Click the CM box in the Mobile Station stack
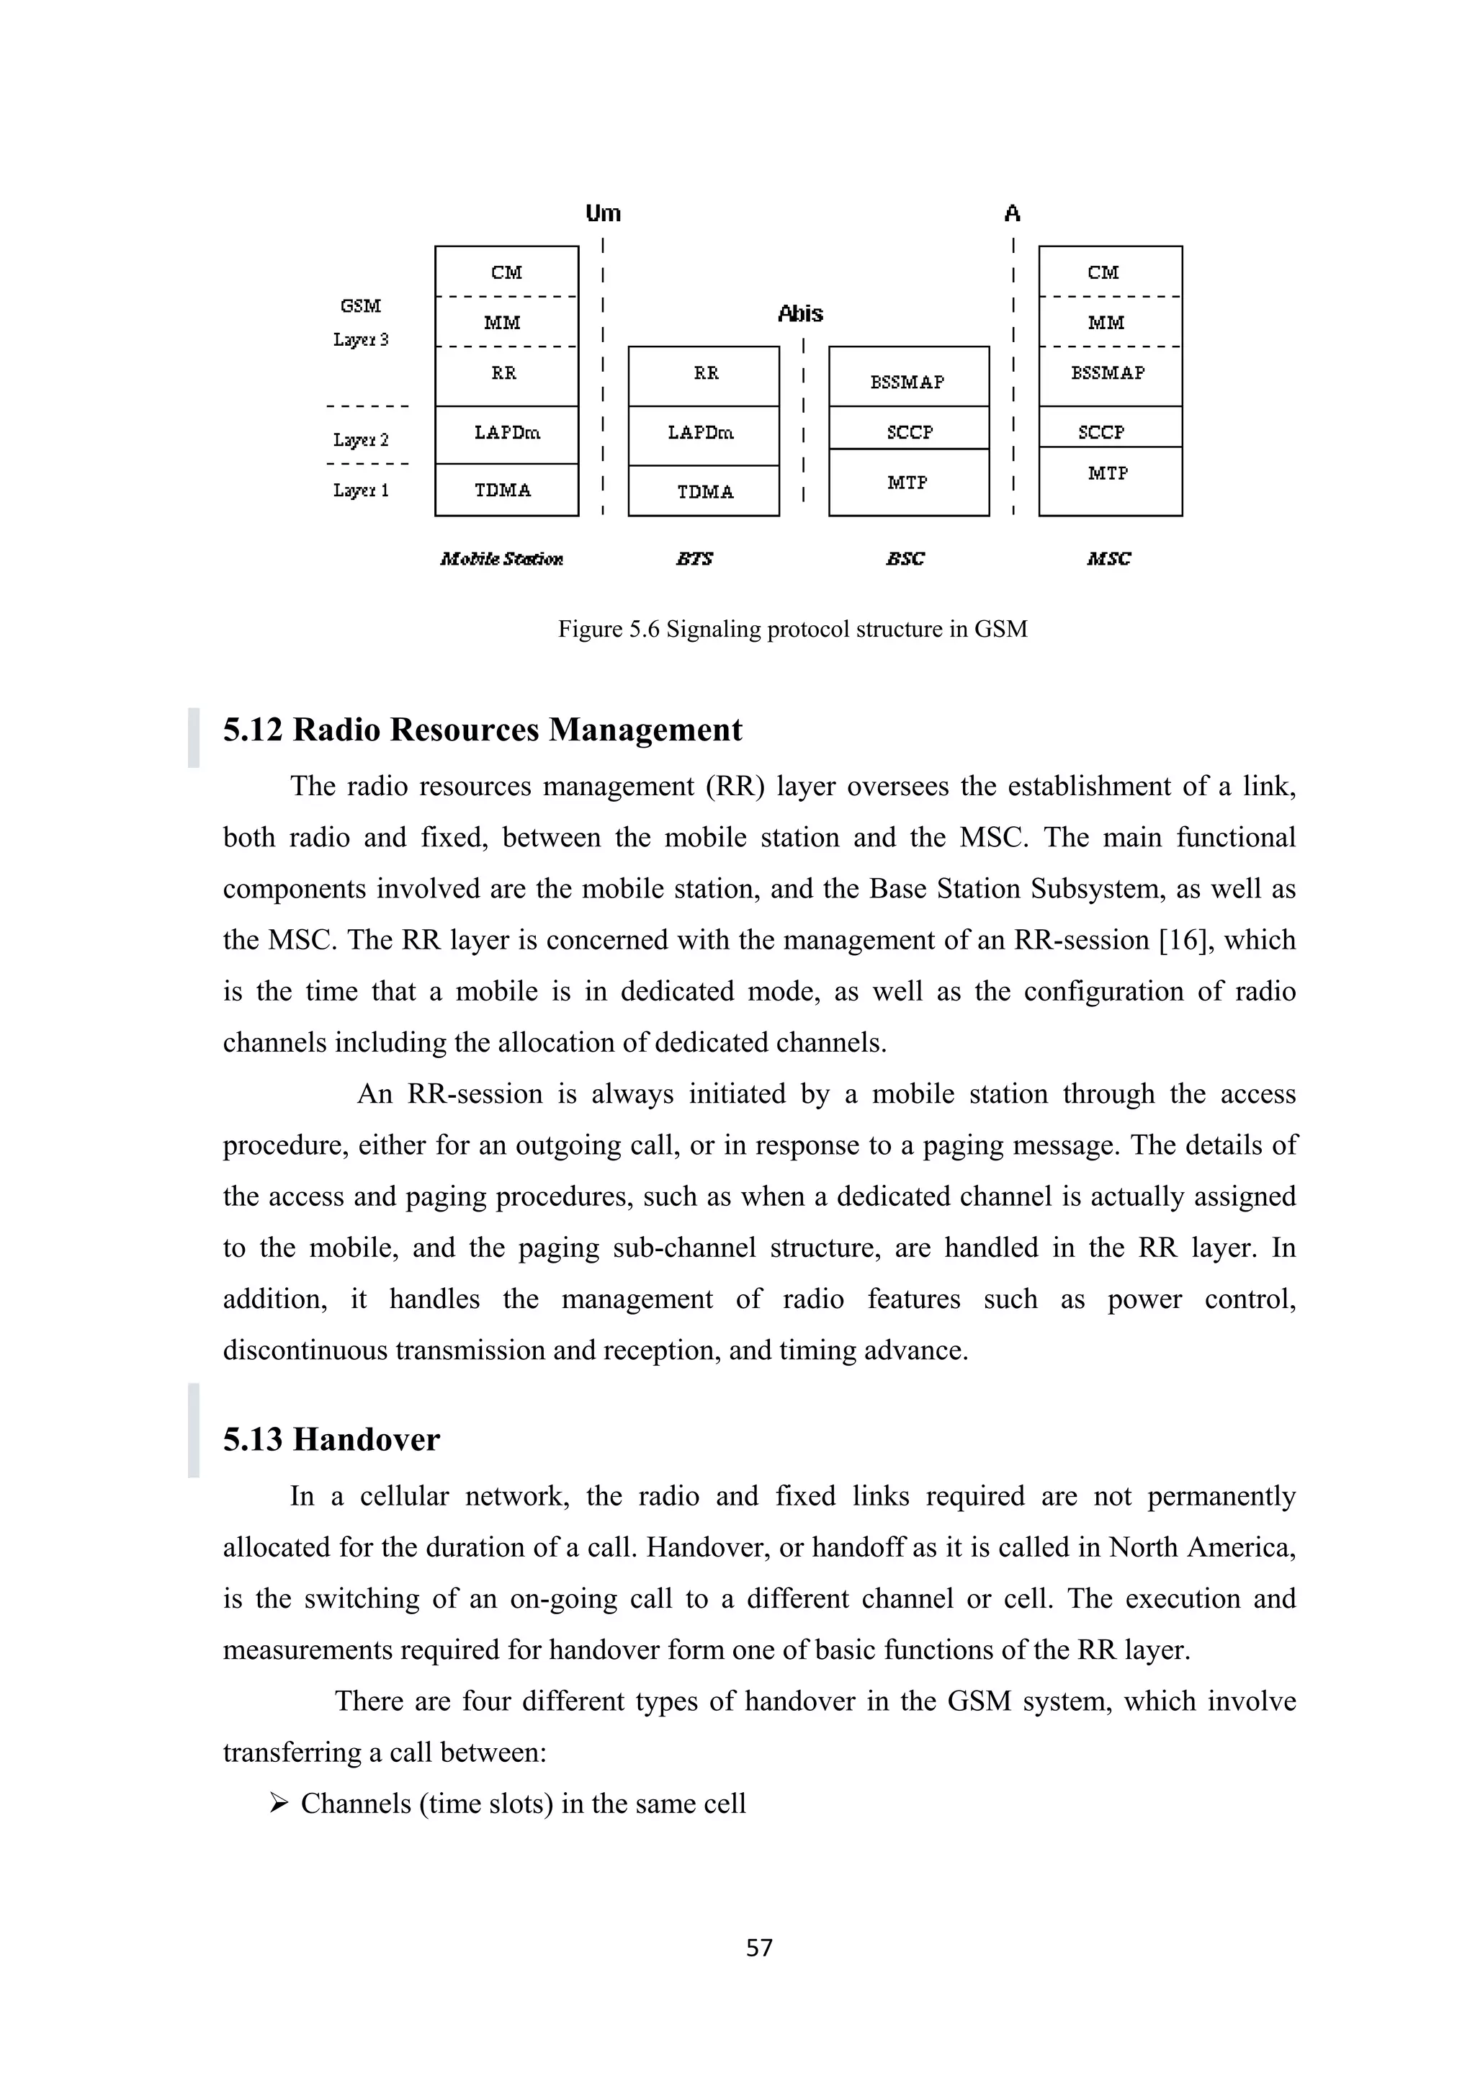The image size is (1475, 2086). pyautogui.click(x=506, y=272)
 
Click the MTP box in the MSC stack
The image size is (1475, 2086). pyautogui.click(x=1109, y=480)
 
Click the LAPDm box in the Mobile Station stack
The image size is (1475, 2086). pyautogui.click(x=506, y=434)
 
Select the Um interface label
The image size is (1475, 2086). pyautogui.click(x=602, y=213)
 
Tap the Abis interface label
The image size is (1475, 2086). pyautogui.click(x=800, y=313)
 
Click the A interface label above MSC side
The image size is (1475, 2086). pyautogui.click(x=1012, y=213)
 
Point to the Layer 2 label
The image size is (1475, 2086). pyautogui.click(x=361, y=439)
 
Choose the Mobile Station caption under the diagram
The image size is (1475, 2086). pyautogui.click(x=501, y=559)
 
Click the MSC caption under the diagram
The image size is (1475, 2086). pyautogui.click(x=1108, y=559)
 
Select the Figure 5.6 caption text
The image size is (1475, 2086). pyautogui.click(x=792, y=629)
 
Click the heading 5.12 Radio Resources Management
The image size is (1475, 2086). pyautogui.click(x=483, y=730)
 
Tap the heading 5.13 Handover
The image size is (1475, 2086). pyautogui.click(x=331, y=1439)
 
